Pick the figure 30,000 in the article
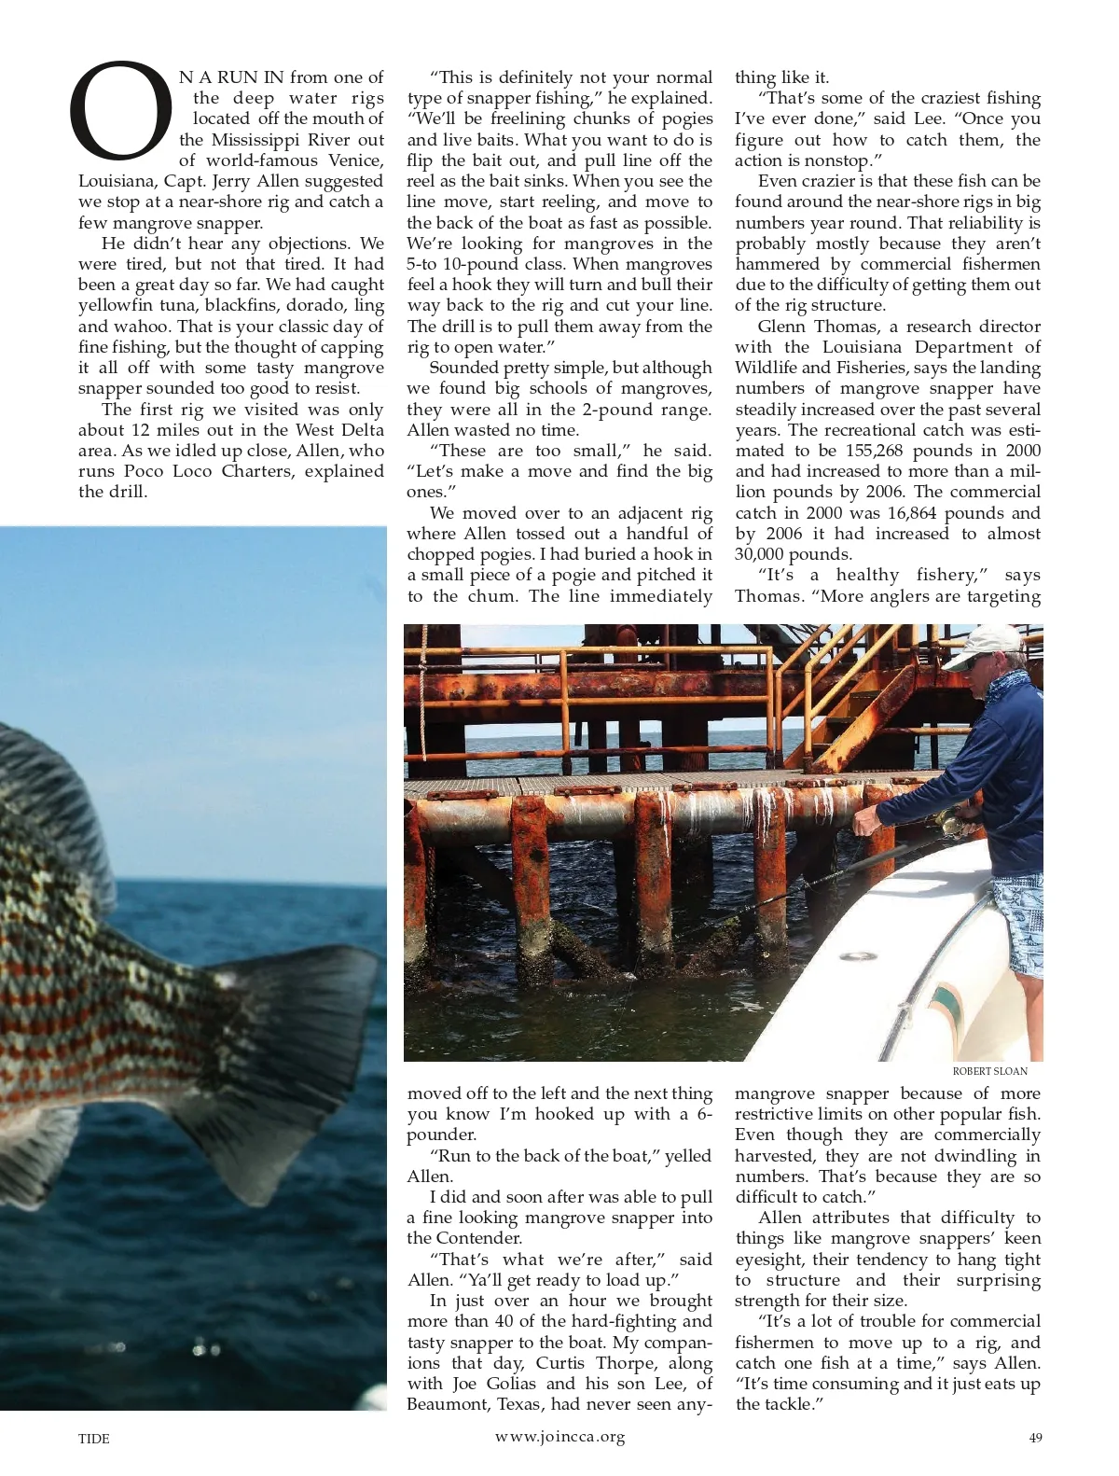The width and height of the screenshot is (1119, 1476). coord(772,554)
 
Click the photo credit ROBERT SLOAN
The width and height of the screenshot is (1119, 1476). coord(990,1071)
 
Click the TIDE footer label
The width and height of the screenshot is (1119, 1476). coord(94,1439)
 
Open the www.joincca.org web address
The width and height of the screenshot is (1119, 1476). coord(559,1436)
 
